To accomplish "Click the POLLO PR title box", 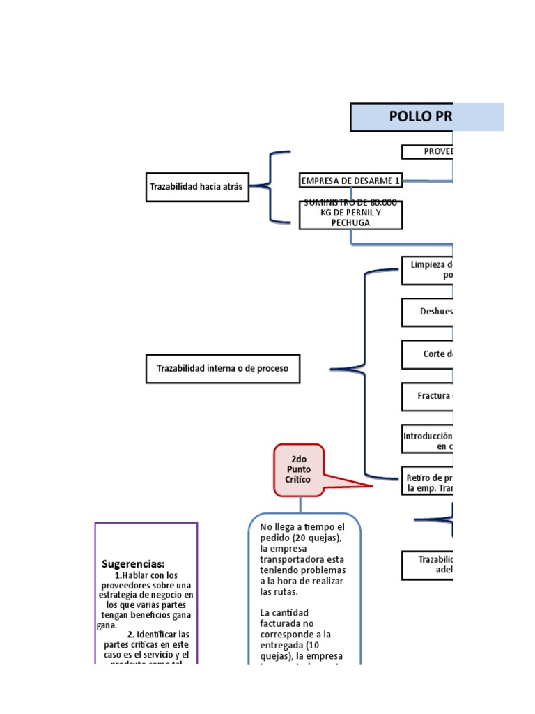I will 426,117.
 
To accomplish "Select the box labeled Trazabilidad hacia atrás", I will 197,186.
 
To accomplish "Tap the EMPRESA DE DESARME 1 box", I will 350,181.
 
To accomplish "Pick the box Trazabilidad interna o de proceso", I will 222,368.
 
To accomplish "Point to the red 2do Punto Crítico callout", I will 300,470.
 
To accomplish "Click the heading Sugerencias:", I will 133,563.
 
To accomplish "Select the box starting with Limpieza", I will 427,270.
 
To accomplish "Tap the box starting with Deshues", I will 427,312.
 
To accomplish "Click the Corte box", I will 427,354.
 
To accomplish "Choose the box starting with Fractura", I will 427,396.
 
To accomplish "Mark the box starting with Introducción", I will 427,441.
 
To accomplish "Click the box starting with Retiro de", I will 427,483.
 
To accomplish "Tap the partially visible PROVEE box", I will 427,151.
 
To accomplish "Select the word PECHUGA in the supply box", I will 350,222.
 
